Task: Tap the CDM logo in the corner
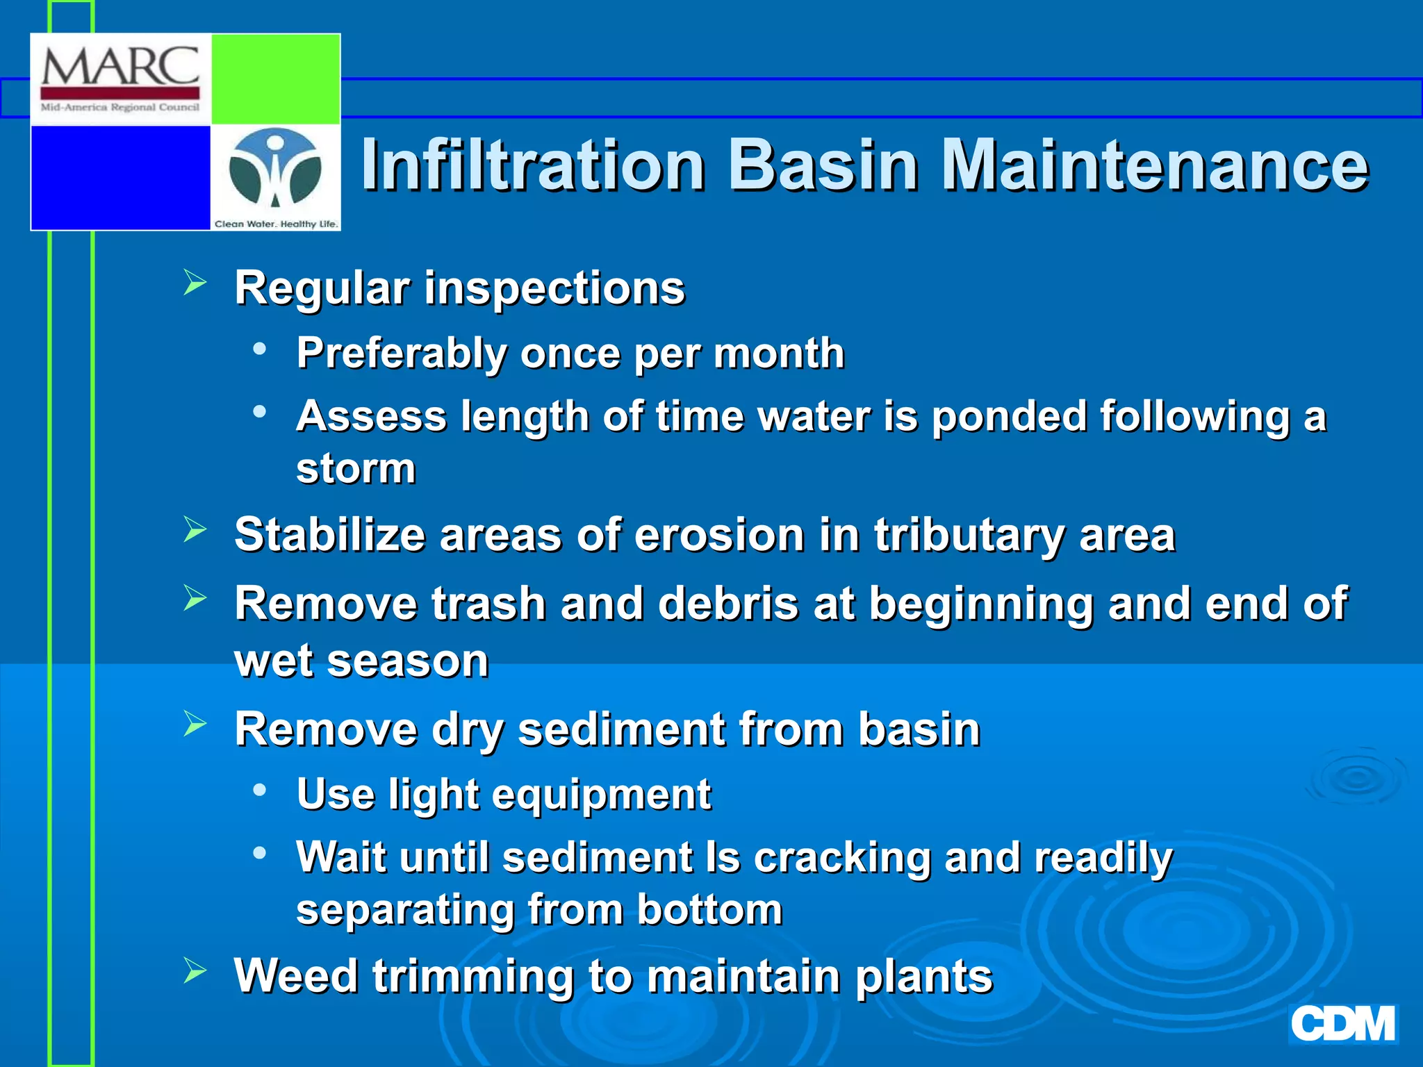click(1342, 1024)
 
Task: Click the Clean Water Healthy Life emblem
click(275, 171)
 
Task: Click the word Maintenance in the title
click(1154, 165)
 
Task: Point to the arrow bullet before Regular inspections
click(195, 283)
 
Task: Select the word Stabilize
click(329, 535)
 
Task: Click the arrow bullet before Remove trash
click(195, 598)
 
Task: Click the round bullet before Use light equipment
click(260, 790)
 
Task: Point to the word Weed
click(296, 976)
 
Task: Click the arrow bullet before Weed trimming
click(195, 970)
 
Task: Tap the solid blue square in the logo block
click(120, 176)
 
